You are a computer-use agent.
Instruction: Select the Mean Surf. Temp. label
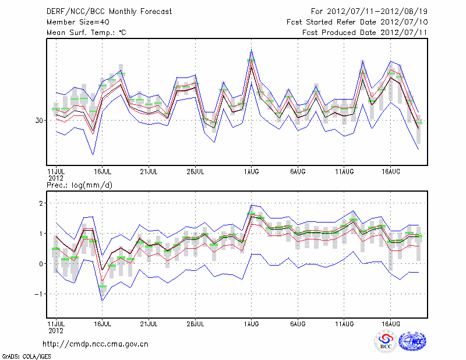point(86,33)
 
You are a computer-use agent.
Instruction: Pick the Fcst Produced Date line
point(365,33)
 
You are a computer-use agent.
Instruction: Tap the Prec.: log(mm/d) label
point(79,185)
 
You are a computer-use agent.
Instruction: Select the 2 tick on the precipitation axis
point(41,203)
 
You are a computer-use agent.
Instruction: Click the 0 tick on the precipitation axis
point(41,264)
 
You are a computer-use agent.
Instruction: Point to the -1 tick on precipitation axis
point(38,294)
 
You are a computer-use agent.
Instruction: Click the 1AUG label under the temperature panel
point(251,172)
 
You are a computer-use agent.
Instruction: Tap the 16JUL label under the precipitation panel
point(103,323)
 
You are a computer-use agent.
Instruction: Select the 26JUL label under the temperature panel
point(195,172)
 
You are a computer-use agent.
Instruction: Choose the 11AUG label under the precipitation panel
point(344,323)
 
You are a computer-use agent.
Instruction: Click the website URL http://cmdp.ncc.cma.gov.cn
point(96,344)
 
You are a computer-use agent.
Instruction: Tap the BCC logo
point(386,342)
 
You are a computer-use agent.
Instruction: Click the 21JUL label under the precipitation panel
point(149,323)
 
